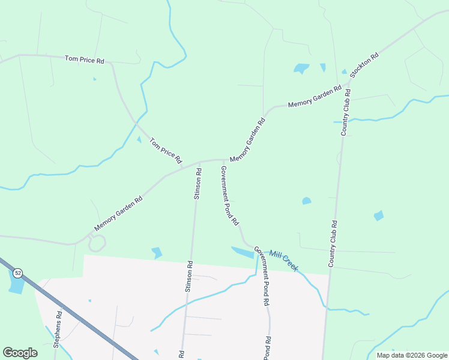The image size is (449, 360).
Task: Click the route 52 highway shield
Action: [18, 273]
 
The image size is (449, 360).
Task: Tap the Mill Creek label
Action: [283, 260]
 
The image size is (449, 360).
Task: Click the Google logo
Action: [20, 353]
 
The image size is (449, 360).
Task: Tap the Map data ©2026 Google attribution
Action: [412, 355]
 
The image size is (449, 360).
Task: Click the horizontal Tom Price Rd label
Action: [85, 59]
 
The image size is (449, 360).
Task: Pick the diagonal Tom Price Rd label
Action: [165, 151]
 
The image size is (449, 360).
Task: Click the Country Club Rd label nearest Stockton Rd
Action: [346, 112]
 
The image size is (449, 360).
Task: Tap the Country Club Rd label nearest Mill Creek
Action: [333, 243]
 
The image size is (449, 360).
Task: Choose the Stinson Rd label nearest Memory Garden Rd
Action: [197, 184]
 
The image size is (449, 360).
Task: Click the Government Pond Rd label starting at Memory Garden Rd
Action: [230, 196]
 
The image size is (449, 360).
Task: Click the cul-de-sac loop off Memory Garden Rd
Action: [97, 244]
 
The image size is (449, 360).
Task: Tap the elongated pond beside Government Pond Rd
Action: [243, 252]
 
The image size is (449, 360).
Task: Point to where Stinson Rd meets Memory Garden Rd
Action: [199, 162]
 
